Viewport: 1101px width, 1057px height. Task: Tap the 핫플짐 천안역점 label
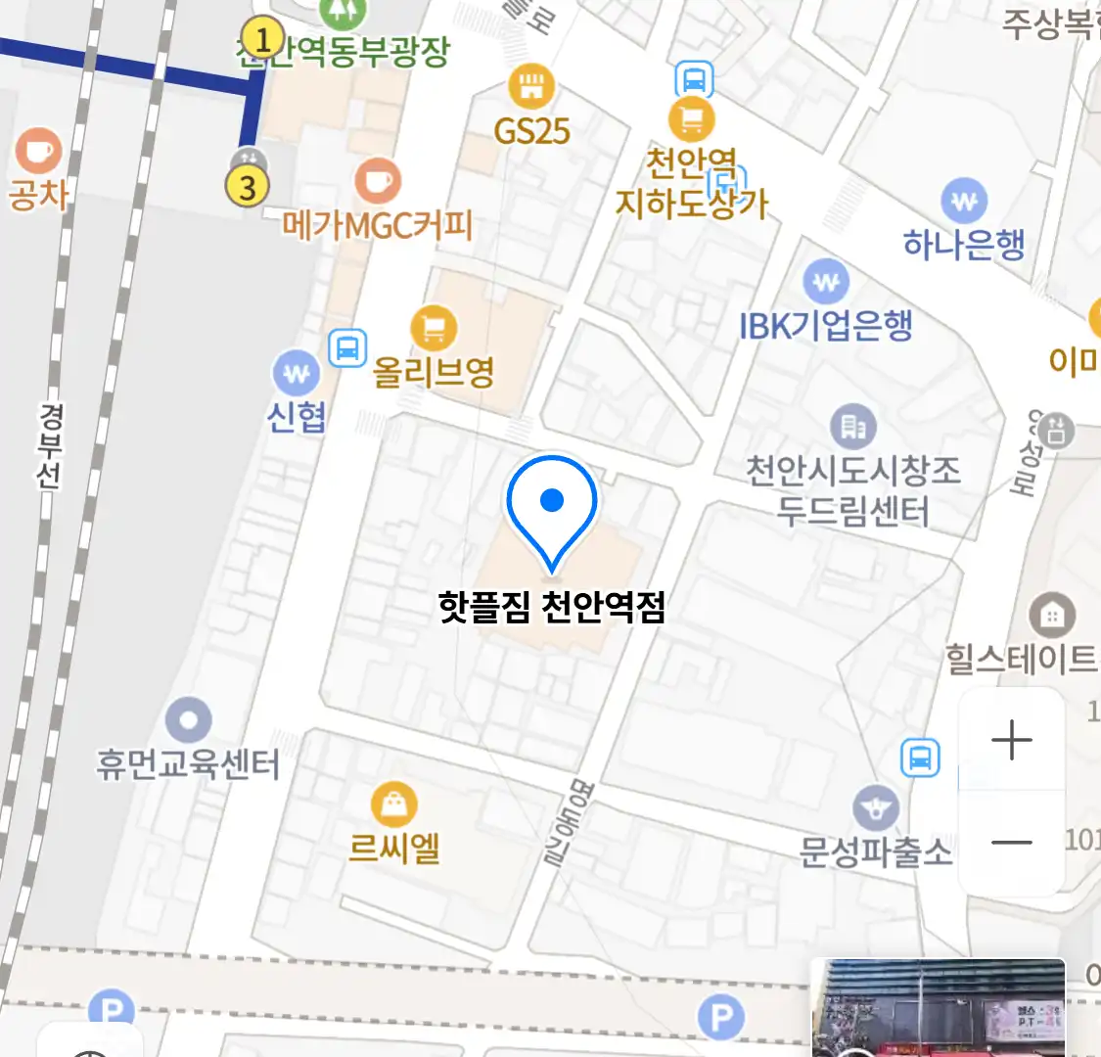(x=552, y=608)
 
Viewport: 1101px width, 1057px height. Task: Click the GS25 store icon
(x=531, y=87)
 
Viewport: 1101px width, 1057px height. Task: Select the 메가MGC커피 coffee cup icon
(x=377, y=181)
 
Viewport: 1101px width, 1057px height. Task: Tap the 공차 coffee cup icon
(x=39, y=151)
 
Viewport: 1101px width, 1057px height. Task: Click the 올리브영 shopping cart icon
(x=434, y=327)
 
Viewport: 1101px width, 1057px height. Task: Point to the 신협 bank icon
(x=296, y=373)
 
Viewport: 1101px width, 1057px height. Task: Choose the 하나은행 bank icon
(x=964, y=201)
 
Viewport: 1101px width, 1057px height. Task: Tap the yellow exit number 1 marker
(x=262, y=40)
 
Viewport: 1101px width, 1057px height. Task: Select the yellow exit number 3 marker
(x=248, y=186)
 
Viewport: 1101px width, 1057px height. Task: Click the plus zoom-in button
(x=1012, y=740)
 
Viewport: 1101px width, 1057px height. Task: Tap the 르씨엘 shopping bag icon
(x=394, y=805)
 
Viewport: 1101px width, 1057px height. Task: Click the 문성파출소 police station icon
(x=875, y=807)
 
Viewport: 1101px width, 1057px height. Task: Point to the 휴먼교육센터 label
(x=188, y=763)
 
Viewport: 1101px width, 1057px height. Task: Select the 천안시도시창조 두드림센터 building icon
(x=853, y=426)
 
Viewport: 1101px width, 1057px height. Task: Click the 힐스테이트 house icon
(x=1052, y=616)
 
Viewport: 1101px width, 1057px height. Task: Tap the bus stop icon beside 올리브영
(x=347, y=347)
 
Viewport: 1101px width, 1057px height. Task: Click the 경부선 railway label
(x=50, y=445)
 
